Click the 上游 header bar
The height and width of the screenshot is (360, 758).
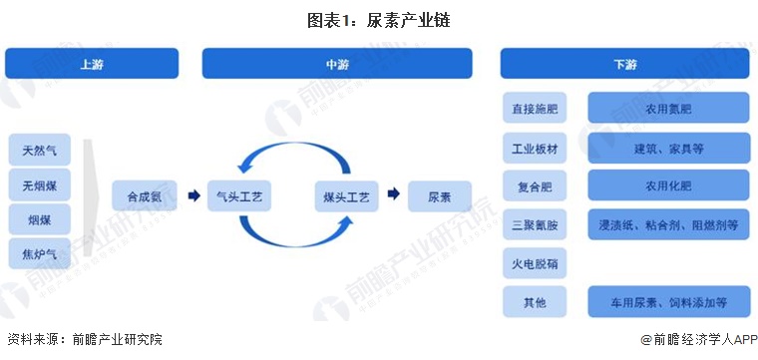[92, 64]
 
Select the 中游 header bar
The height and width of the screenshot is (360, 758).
[337, 64]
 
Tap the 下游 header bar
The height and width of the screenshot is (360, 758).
[624, 64]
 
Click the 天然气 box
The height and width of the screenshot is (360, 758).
[40, 151]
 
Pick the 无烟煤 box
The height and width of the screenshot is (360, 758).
[40, 184]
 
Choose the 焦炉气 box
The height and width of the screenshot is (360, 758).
[40, 254]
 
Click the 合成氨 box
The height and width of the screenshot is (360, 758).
[145, 196]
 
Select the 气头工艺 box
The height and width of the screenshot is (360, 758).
[238, 196]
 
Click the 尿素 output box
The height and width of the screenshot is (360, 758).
[440, 196]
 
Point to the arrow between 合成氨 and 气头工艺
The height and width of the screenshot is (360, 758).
[193, 196]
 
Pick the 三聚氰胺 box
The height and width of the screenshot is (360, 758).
[535, 225]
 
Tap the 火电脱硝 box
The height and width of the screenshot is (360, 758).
[535, 263]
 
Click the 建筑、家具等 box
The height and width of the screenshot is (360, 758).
[668, 148]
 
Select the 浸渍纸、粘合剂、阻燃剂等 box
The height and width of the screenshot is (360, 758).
[668, 225]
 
